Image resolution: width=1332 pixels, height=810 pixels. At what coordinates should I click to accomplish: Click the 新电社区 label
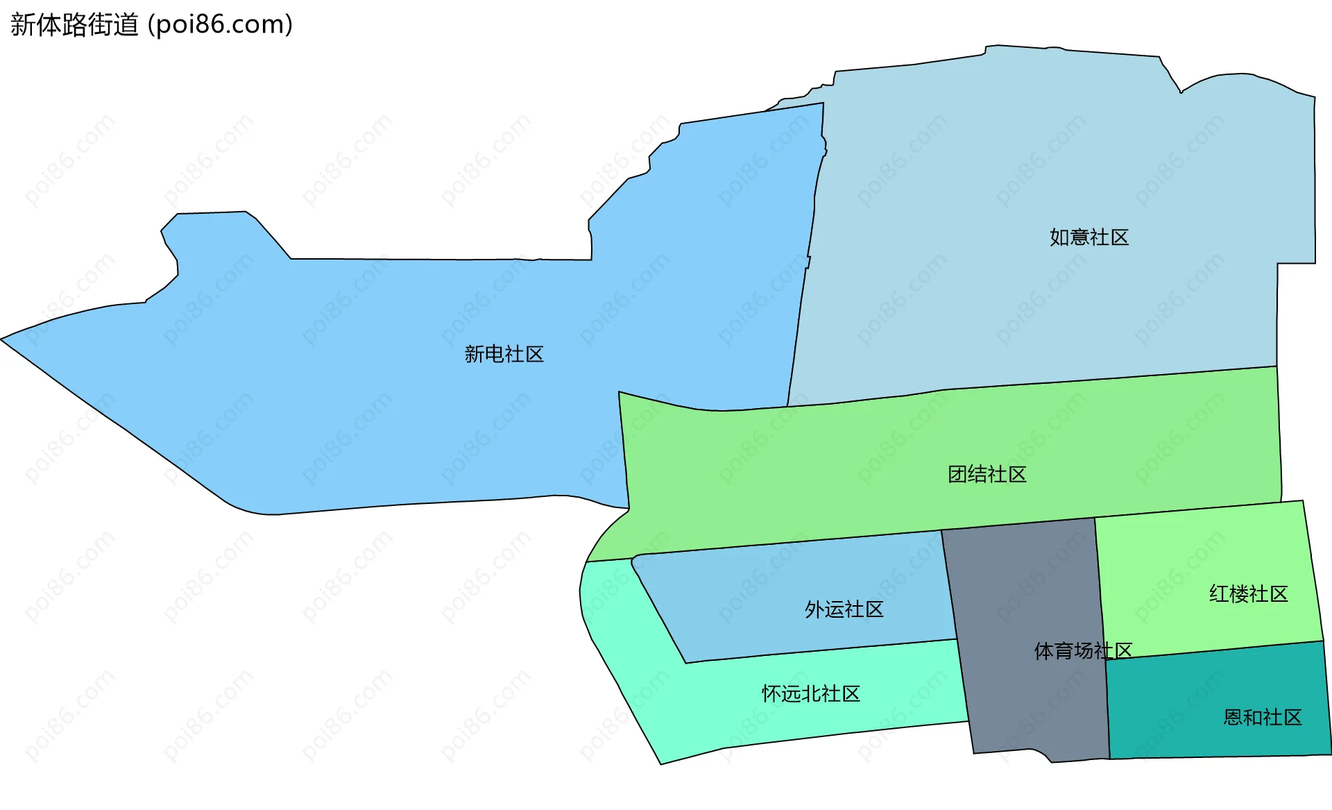pyautogui.click(x=504, y=354)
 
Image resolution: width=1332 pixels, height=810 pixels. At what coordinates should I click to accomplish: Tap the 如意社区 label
pyautogui.click(x=1088, y=237)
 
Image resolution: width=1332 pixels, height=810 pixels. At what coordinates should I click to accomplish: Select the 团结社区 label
pyautogui.click(x=987, y=474)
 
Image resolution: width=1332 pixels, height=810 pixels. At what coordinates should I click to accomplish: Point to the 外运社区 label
pyautogui.click(x=844, y=609)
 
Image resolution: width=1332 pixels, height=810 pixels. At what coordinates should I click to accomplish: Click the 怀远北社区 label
pyautogui.click(x=810, y=693)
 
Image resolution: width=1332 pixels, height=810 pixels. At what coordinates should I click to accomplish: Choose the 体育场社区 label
pyautogui.click(x=1082, y=650)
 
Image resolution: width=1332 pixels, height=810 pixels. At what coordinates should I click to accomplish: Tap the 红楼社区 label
pyautogui.click(x=1248, y=593)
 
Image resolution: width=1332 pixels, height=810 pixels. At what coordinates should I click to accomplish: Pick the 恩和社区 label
pyautogui.click(x=1262, y=717)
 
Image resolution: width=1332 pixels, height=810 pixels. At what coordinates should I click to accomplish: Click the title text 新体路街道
pyautogui.click(x=75, y=25)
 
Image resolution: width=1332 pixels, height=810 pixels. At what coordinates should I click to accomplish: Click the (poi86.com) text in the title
pyautogui.click(x=221, y=25)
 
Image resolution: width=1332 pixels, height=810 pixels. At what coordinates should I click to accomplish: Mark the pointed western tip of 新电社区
pyautogui.click(x=3, y=339)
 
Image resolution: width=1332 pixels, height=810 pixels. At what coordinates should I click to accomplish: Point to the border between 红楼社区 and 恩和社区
pyautogui.click(x=1214, y=650)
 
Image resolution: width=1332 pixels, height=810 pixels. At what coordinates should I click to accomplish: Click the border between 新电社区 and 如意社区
pyautogui.click(x=805, y=278)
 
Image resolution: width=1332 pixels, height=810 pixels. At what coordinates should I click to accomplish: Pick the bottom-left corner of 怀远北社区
pyautogui.click(x=660, y=763)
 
